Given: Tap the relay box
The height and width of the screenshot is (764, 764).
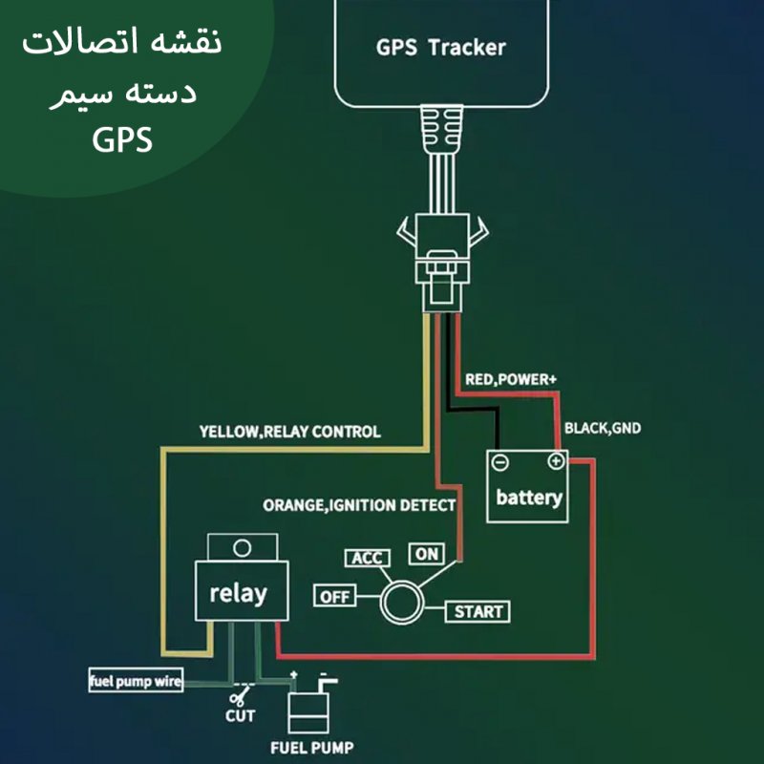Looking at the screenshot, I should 238,592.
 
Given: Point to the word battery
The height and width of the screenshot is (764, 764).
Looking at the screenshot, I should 528,498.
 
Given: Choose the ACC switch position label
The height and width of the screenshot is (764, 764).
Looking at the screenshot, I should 366,558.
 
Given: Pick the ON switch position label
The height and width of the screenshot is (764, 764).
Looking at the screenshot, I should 426,553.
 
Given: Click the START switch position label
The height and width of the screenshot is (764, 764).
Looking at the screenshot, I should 477,611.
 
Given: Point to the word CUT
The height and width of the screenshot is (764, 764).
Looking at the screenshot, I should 240,716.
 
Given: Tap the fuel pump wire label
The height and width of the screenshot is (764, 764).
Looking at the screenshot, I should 136,682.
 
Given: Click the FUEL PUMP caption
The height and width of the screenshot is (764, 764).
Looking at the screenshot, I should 312,748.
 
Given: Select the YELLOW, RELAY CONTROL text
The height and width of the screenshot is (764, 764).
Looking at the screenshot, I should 289,432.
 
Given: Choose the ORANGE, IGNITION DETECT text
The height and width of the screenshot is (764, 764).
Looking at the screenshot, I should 359,504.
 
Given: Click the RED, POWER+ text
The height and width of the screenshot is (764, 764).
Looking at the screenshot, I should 511,380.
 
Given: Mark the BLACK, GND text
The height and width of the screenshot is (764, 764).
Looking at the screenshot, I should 603,428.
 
